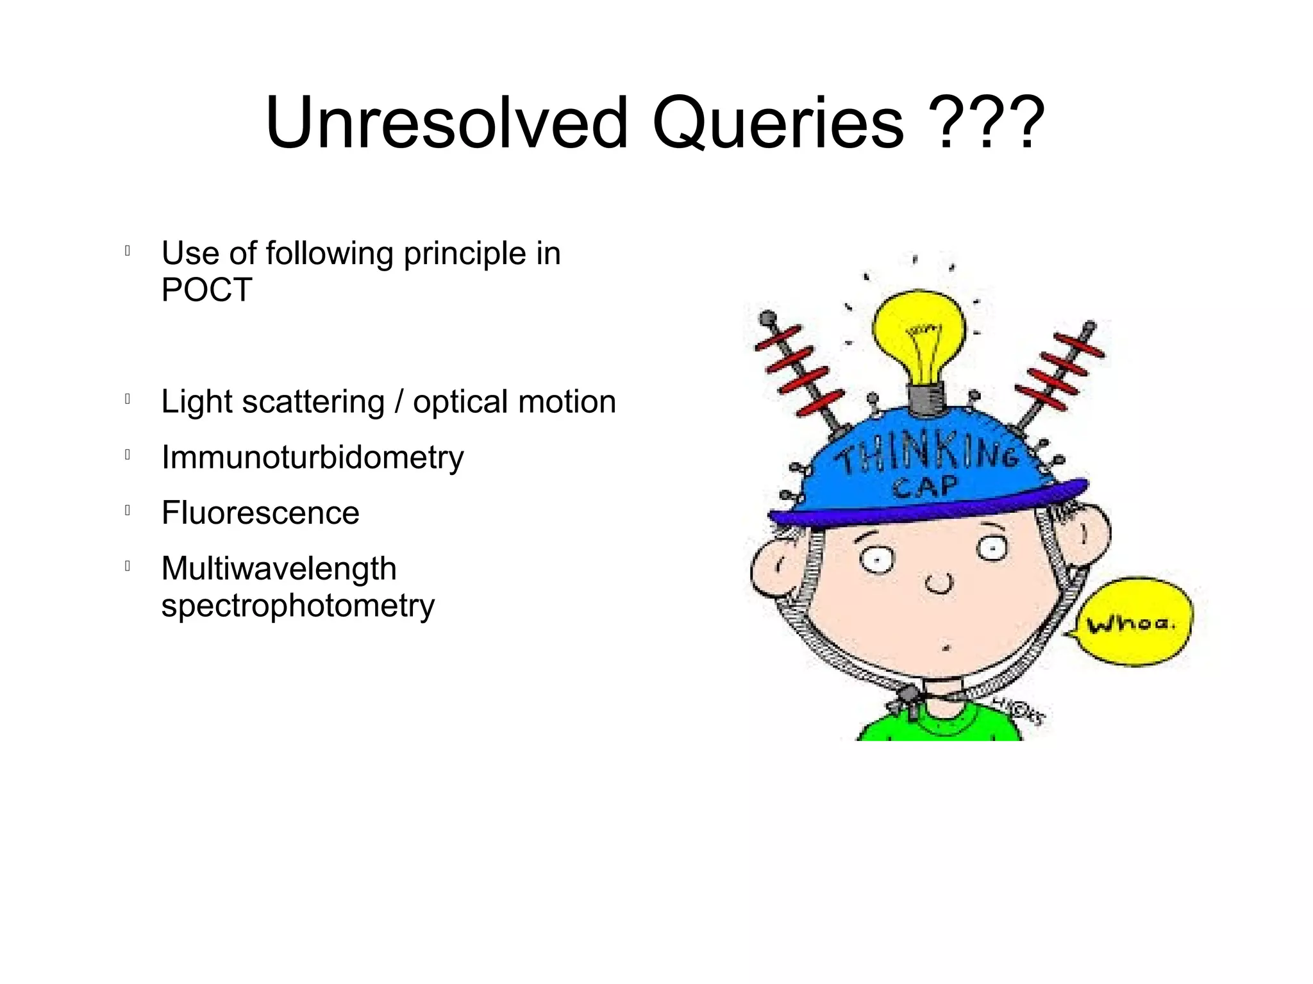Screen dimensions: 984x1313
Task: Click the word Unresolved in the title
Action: click(x=446, y=123)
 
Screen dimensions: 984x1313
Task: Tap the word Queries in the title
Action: click(x=778, y=123)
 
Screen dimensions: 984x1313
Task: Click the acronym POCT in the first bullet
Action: click(x=206, y=290)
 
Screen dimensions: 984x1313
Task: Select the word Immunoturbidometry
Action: click(x=312, y=458)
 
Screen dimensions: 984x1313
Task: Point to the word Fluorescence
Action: click(x=260, y=513)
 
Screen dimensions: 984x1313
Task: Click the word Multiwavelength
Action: click(x=279, y=569)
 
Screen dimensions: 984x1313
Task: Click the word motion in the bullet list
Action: click(x=567, y=402)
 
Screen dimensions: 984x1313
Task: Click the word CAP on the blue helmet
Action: click(x=924, y=488)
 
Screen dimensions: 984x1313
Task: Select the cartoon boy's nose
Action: click(x=939, y=584)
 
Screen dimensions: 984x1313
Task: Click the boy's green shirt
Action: click(x=939, y=728)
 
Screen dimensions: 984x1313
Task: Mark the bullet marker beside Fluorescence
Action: click(x=128, y=511)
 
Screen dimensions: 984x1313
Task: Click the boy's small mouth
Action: click(x=945, y=648)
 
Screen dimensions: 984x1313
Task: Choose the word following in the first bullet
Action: click(x=329, y=254)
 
